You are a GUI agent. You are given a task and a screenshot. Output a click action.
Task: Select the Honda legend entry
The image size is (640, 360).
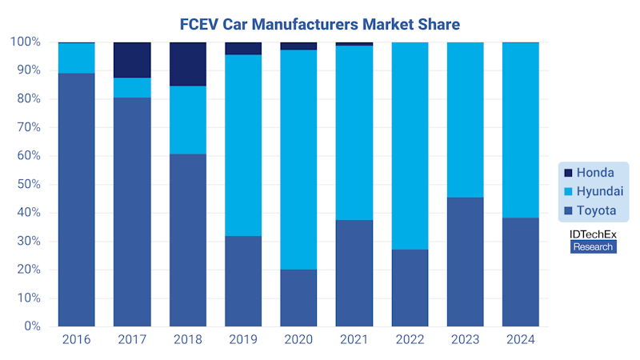coord(593,173)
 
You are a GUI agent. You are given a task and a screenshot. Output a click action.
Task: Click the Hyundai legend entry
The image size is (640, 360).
coord(593,192)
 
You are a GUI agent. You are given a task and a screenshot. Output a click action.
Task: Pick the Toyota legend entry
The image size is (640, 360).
coord(593,211)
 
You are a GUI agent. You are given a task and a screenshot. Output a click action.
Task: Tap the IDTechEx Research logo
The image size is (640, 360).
coord(593,241)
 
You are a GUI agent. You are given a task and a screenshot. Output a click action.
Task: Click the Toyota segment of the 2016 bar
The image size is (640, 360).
coord(77,200)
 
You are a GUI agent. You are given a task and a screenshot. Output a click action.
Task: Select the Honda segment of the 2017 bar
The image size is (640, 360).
coord(132,60)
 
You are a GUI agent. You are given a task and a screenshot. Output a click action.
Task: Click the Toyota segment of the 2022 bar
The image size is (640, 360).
coord(410,288)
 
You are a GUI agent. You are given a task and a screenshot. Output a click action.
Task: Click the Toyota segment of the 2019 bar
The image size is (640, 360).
coord(243,281)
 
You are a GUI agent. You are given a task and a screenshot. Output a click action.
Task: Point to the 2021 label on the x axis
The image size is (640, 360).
coord(354,339)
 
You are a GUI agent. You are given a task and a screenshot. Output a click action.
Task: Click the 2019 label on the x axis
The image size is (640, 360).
coord(243,339)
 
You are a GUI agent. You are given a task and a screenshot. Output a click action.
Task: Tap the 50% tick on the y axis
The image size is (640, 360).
coord(29,184)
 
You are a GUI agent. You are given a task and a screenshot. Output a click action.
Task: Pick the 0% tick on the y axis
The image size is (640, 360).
coord(32,326)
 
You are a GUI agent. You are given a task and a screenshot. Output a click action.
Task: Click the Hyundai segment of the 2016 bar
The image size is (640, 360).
coord(77,58)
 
